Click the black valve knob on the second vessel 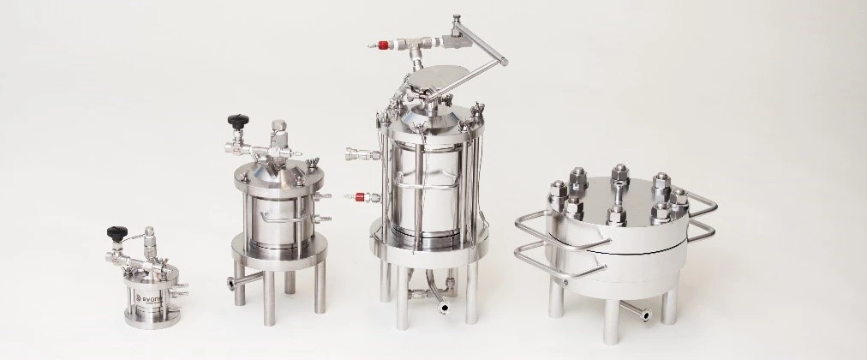tap(233, 121)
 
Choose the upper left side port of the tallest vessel tap(355, 155)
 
